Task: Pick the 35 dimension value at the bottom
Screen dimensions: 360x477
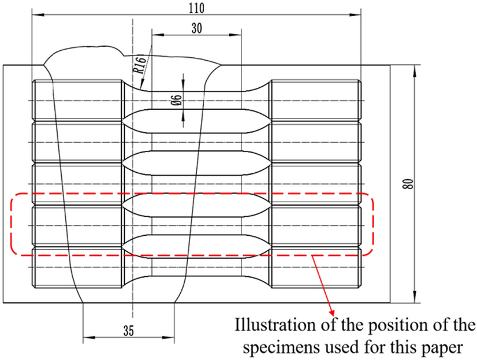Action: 128,330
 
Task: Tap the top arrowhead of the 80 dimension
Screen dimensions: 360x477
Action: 415,69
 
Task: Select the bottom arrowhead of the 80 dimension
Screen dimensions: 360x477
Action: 415,299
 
